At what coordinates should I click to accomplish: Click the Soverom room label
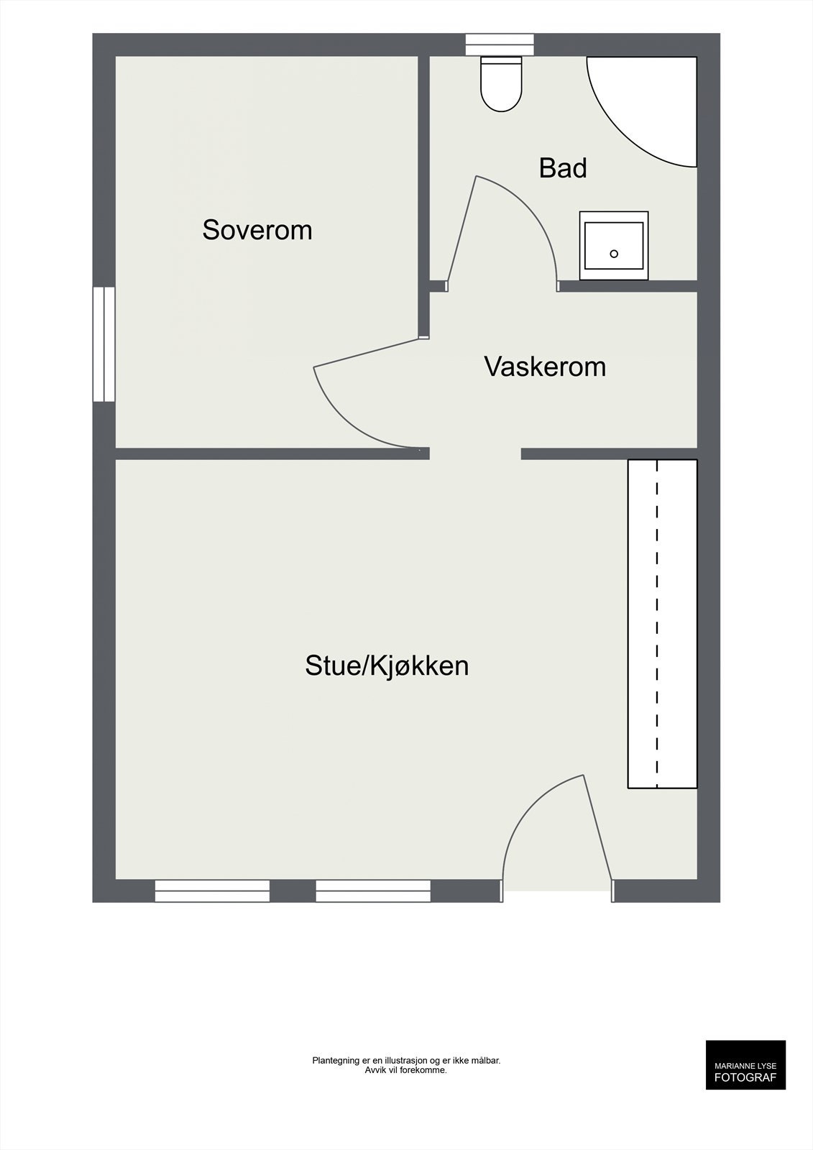pos(257,230)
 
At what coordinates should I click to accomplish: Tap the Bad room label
pos(563,168)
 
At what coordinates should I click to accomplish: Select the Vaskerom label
pos(545,367)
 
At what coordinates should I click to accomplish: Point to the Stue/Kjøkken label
pos(387,666)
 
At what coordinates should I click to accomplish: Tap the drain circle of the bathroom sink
pos(614,254)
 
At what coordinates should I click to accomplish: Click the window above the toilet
pos(500,45)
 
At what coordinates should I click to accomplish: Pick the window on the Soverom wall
pos(104,344)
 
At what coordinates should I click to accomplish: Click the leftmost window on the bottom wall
pos(212,891)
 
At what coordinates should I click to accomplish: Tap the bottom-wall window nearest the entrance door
pos(373,891)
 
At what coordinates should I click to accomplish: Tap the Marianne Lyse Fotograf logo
pos(745,1064)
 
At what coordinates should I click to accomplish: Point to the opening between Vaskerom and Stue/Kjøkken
pos(475,454)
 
